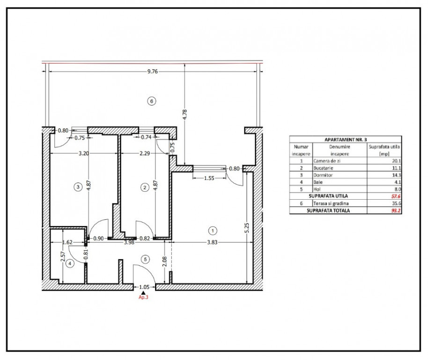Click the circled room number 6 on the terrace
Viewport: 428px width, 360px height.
point(152,101)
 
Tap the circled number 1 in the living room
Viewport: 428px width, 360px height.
point(213,231)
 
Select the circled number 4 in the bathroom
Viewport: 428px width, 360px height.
point(70,263)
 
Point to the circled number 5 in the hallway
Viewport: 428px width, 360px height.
point(145,259)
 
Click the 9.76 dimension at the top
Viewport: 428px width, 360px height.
point(153,72)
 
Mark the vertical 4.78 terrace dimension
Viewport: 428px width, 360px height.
point(185,114)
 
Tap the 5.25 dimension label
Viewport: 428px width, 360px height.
point(247,228)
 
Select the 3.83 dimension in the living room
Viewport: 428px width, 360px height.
point(212,242)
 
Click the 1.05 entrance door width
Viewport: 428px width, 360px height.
point(144,287)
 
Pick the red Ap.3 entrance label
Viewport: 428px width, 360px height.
point(143,297)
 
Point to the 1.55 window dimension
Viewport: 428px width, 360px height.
point(209,178)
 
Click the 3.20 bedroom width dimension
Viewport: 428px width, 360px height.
point(83,153)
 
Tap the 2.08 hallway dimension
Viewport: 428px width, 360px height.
point(164,262)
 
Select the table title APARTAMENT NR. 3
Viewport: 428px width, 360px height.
point(346,140)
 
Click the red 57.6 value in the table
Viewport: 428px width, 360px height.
point(396,196)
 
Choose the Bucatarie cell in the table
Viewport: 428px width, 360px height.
point(323,168)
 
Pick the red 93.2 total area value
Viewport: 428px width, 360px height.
point(396,210)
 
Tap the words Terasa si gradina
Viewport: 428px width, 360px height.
point(331,203)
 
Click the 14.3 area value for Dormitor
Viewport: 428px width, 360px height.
point(397,175)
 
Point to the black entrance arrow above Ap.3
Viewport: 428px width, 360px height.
point(143,292)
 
